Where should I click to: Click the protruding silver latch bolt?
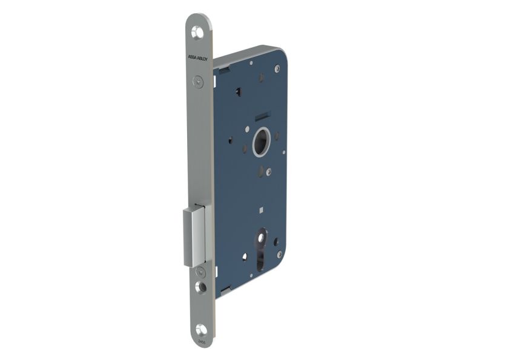[195, 236]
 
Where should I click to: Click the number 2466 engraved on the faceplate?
[200, 342]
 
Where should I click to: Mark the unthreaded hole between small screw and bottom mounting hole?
[200, 287]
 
